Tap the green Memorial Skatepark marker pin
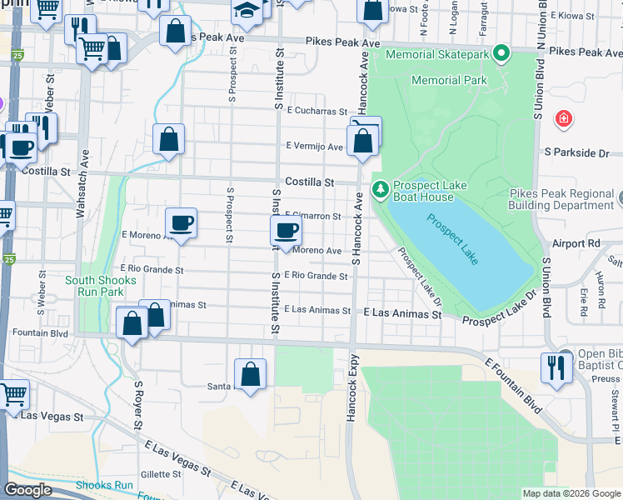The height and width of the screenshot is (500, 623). (501, 55)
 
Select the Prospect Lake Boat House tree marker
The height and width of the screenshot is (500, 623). (380, 191)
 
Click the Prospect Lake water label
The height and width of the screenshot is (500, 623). (453, 240)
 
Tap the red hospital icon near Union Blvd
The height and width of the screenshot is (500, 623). (565, 118)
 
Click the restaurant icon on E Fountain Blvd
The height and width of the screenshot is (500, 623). (556, 367)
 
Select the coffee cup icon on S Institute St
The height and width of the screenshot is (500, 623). (286, 231)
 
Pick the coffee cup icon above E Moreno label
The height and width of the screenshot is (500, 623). (181, 222)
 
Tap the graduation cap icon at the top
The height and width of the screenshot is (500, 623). (247, 10)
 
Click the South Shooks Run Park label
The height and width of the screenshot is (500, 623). (100, 286)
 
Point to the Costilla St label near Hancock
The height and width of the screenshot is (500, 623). (309, 182)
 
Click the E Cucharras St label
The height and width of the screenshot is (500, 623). (316, 110)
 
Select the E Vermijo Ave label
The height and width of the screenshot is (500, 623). (314, 147)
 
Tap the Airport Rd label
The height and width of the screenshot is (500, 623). (576, 243)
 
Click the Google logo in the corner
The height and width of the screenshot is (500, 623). (28, 491)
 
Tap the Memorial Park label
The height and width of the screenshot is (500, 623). (449, 81)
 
